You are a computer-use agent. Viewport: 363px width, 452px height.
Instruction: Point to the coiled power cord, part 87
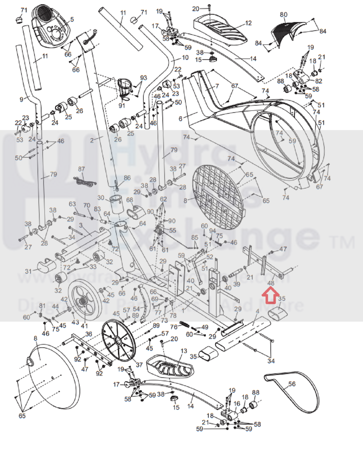[85, 182]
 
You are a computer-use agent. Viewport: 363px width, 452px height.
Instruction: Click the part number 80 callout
[284, 15]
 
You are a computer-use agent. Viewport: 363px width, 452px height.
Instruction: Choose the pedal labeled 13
[170, 366]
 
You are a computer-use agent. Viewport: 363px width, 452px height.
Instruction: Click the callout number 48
[271, 283]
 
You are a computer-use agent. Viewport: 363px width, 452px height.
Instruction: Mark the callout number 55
[173, 230]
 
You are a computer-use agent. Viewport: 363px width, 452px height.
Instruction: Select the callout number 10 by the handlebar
[185, 58]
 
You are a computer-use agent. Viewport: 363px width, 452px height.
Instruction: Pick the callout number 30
[101, 198]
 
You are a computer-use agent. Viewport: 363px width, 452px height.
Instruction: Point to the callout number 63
[72, 204]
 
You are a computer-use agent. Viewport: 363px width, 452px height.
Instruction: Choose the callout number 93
[144, 78]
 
